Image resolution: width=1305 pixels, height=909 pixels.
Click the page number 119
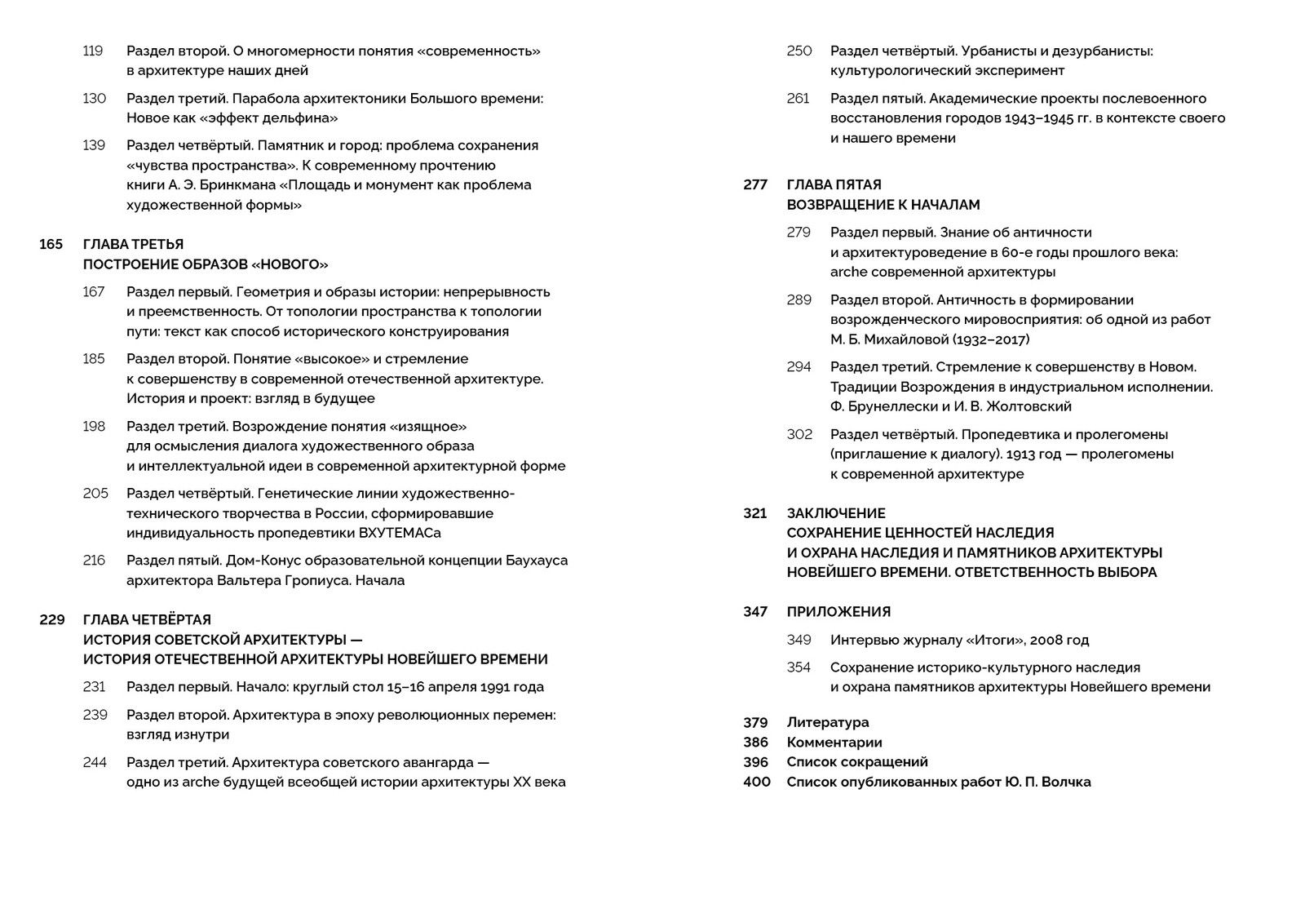pos(93,51)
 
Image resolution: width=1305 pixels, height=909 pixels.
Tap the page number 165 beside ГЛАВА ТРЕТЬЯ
pos(51,245)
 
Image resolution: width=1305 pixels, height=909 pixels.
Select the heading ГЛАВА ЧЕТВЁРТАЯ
pos(147,620)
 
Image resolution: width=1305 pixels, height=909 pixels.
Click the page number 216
pos(95,561)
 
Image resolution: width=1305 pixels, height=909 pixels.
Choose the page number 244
pos(95,763)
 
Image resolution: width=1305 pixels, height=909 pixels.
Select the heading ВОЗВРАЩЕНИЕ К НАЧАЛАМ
pos(883,205)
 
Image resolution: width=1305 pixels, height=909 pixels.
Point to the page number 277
pos(755,185)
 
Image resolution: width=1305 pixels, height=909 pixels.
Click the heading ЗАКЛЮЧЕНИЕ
pos(836,514)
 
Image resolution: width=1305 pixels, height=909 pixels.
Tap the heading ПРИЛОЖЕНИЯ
pos(838,612)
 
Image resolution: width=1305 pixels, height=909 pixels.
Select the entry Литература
pos(828,723)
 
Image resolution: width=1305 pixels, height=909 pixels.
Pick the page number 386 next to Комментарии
pos(755,743)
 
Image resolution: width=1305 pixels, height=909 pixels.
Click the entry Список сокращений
pos(857,762)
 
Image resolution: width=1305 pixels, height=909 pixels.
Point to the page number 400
pos(756,782)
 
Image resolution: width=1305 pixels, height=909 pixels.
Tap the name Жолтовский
pos(1029,406)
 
